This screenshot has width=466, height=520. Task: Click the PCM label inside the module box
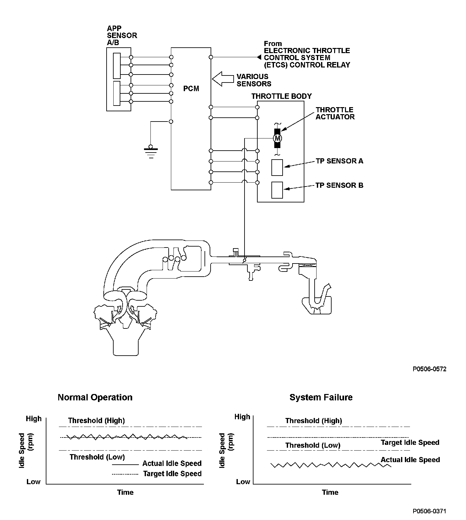click(x=191, y=89)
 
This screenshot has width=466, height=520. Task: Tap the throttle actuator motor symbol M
click(x=277, y=138)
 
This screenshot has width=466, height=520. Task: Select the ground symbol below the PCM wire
click(x=151, y=152)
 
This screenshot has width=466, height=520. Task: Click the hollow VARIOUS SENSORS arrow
click(x=223, y=79)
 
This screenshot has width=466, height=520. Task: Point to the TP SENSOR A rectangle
click(x=277, y=168)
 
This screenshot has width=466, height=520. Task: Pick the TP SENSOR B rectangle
click(x=277, y=190)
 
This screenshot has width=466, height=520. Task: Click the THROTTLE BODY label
click(x=281, y=96)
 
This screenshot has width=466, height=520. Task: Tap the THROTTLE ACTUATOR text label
click(x=335, y=114)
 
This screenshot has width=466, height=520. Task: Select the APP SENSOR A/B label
click(x=122, y=35)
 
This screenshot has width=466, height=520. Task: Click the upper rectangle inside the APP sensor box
click(x=117, y=66)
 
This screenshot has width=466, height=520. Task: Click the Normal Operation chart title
click(x=95, y=398)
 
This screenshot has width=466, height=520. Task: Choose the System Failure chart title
click(x=321, y=398)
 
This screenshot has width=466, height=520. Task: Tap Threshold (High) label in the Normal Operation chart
click(x=96, y=421)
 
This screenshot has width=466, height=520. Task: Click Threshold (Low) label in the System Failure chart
click(x=313, y=445)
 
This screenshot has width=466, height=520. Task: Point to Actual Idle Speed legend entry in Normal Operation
click(x=172, y=463)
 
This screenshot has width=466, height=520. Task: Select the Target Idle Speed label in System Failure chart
click(x=410, y=443)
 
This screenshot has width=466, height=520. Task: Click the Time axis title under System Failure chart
click(x=330, y=492)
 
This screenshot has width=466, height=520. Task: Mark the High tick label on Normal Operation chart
click(x=34, y=419)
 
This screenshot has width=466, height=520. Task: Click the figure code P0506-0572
click(x=430, y=369)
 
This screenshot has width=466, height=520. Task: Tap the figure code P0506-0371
click(x=430, y=511)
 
